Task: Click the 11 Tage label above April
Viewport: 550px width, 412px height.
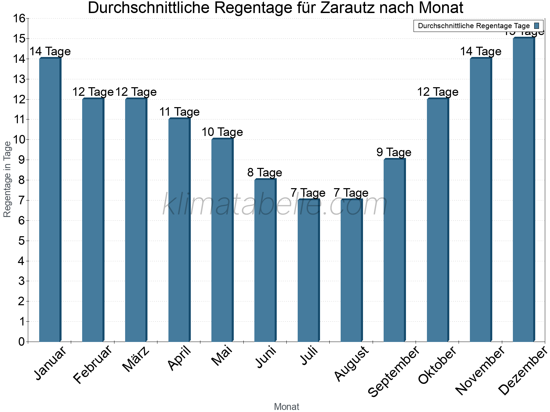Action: (x=179, y=112)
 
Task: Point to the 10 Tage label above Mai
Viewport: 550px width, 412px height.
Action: (x=222, y=132)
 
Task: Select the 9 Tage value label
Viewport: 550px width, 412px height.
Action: (x=394, y=152)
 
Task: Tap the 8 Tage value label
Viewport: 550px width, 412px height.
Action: (x=265, y=173)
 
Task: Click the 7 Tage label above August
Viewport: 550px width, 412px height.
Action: (x=351, y=193)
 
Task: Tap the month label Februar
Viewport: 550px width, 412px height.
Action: (x=93, y=365)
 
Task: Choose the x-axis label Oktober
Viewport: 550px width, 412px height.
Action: (x=437, y=365)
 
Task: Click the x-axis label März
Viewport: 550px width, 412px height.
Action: (x=136, y=360)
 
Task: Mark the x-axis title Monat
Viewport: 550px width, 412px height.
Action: (x=286, y=407)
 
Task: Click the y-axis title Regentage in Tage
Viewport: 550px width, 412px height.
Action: (x=7, y=179)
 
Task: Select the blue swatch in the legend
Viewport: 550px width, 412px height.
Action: (x=537, y=26)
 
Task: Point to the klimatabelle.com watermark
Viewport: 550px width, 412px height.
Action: (x=275, y=205)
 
